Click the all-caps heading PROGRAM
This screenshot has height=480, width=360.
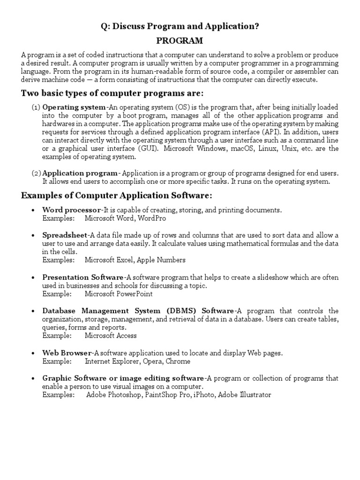click(180, 41)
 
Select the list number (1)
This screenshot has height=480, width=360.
click(36, 107)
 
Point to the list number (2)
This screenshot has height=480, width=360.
click(36, 173)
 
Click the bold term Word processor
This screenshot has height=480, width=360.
click(71, 210)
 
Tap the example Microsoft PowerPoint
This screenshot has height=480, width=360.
click(119, 294)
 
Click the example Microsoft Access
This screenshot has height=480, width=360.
click(111, 336)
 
